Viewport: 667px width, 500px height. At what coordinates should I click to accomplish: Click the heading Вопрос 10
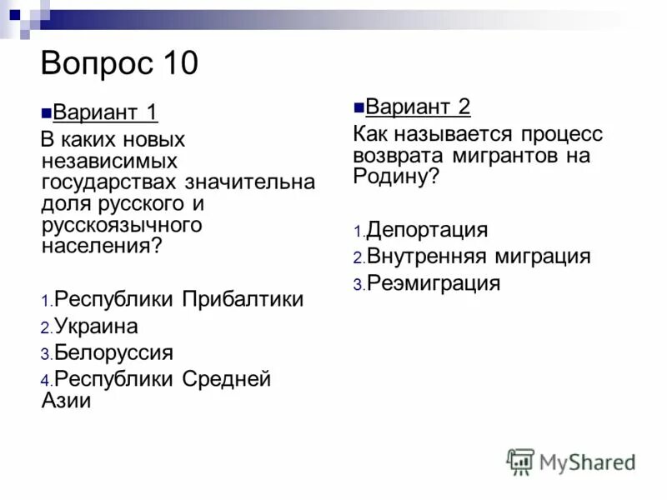tap(119, 63)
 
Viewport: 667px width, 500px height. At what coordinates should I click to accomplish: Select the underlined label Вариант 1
tap(105, 112)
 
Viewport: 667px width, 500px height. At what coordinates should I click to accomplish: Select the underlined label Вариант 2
tap(418, 107)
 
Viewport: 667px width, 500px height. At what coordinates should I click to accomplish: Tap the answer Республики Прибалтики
tap(178, 299)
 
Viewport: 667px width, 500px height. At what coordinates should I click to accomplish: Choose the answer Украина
tap(96, 326)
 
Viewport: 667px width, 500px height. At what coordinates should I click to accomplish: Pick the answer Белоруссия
tap(113, 352)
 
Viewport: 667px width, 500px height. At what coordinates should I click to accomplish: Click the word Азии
tap(66, 400)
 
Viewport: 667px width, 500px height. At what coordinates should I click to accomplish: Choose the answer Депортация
tap(427, 230)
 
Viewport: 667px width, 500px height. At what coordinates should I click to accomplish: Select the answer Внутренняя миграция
tap(479, 257)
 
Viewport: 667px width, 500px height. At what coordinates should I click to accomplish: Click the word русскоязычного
tap(122, 225)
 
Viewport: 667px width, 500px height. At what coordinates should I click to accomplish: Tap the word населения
tap(97, 246)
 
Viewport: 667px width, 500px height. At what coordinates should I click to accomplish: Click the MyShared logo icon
tap(520, 461)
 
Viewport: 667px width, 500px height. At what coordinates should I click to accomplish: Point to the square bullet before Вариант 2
tap(359, 107)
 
